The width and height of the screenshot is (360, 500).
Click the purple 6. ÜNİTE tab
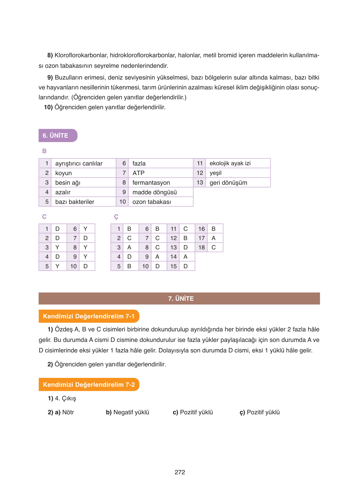pos(56,136)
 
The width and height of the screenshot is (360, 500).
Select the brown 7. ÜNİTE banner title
pos(181,299)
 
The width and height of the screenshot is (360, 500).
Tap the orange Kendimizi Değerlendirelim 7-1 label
pos(89,316)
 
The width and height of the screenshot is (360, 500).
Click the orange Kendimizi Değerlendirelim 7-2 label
pos(89,385)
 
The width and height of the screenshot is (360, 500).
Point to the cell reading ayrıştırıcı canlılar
pos(79,163)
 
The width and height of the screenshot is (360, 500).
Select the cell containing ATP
pos(138,173)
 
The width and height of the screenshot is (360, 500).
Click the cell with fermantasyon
pos(151,183)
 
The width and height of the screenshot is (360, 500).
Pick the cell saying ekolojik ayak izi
pos(230,163)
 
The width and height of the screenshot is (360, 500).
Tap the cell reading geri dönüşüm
pos(228,183)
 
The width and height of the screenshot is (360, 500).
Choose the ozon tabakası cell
pos(151,202)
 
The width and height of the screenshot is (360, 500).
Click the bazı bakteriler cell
pos(75,202)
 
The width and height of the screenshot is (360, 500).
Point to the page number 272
pos(180,472)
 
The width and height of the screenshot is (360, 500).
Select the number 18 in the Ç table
pos(202,248)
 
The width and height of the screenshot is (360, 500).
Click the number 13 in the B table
pos(200,183)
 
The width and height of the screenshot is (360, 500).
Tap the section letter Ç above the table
pos(116,217)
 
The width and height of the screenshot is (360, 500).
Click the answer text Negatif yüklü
pos(131,412)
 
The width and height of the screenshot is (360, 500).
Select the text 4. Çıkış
pos(65,398)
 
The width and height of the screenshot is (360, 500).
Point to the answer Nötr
pos(68,412)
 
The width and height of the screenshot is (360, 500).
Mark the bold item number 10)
pos(48,107)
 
